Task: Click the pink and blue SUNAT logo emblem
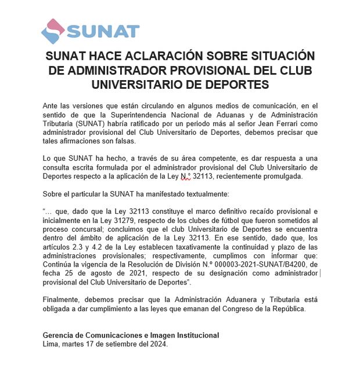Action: coord(53,31)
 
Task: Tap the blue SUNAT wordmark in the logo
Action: coord(103,31)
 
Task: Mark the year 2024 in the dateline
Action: coord(157,344)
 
